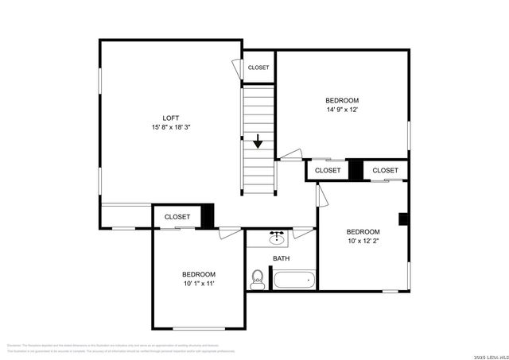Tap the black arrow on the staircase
pyautogui.click(x=259, y=142)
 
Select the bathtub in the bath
pyautogui.click(x=293, y=280)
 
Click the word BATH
pyautogui.click(x=282, y=258)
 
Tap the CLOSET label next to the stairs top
pyautogui.click(x=258, y=68)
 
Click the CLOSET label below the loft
pyautogui.click(x=177, y=216)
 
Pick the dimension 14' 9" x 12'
pyautogui.click(x=347, y=110)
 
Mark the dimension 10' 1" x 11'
pyautogui.click(x=199, y=283)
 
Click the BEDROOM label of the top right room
pyautogui.click(x=347, y=100)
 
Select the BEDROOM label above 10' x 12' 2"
pyautogui.click(x=363, y=231)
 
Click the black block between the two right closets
pyautogui.click(x=356, y=170)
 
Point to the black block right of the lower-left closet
pyautogui.click(x=208, y=216)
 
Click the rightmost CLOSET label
pyautogui.click(x=385, y=170)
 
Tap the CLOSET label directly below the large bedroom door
pyautogui.click(x=328, y=170)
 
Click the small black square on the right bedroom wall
pyautogui.click(x=403, y=219)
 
